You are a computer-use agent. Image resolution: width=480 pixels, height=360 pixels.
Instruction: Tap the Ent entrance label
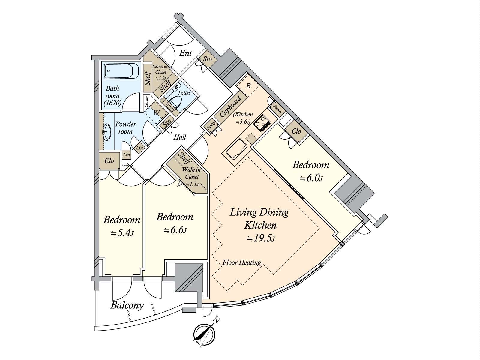coord(185,54)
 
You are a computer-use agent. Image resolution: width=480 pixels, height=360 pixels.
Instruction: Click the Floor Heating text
coord(241,263)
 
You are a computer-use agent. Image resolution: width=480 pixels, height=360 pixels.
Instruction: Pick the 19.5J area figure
coord(260,238)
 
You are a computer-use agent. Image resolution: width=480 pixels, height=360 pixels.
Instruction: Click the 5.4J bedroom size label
coord(121,233)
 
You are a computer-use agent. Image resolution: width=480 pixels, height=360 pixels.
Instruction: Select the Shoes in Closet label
coord(160,72)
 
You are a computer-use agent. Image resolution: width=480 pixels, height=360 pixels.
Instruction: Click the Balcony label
coord(127,306)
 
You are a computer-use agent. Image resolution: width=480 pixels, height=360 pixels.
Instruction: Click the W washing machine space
coord(156,113)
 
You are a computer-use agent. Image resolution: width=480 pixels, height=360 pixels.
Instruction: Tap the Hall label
coord(180,137)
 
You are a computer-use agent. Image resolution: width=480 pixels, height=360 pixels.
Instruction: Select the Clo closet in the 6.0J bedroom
coord(296,131)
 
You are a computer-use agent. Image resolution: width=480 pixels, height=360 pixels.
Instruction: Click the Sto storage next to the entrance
coord(207,59)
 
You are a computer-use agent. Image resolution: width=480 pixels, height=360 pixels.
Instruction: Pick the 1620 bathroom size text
coord(112,103)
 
